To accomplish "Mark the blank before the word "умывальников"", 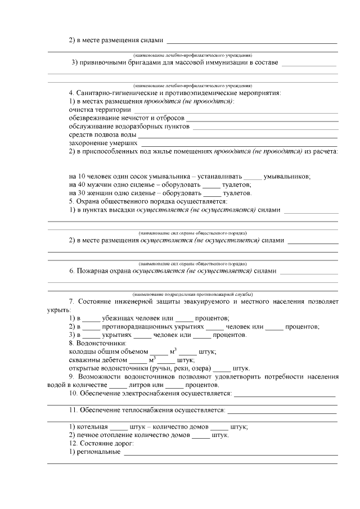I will coord(254,177).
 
